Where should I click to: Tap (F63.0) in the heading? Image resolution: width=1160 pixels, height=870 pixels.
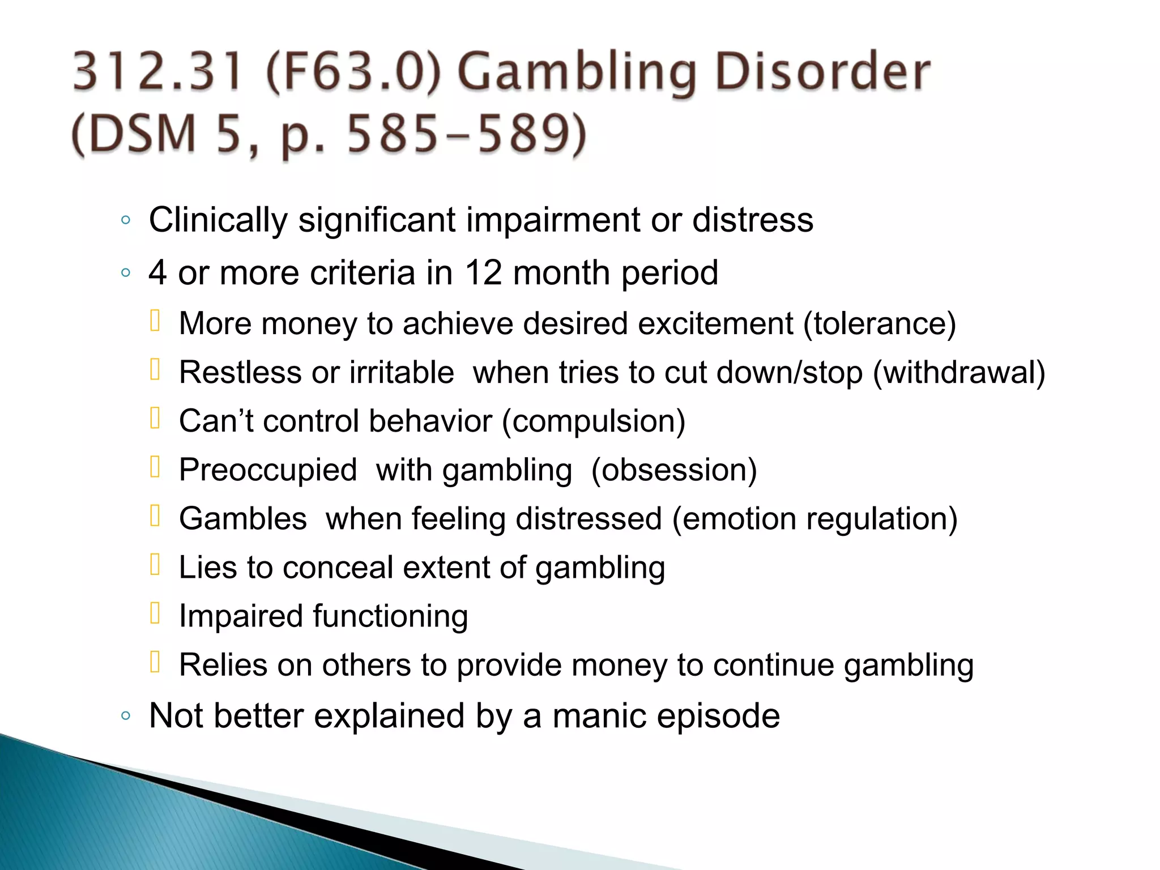click(x=353, y=72)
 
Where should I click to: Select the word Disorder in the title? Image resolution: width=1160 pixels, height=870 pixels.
click(x=822, y=72)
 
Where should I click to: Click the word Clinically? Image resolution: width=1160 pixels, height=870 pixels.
click(x=218, y=220)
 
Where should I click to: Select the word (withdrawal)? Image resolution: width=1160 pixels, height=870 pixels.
click(x=959, y=373)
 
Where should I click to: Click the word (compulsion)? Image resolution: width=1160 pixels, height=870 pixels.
click(x=594, y=421)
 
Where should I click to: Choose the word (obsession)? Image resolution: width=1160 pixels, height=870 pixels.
click(x=674, y=470)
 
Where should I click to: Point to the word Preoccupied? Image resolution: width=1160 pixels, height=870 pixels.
click(x=268, y=470)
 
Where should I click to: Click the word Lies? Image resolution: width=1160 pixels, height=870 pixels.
click(x=207, y=568)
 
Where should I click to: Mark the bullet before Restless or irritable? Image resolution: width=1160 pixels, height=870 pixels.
click(x=155, y=370)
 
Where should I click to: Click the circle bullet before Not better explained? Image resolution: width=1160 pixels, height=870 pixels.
click(x=126, y=716)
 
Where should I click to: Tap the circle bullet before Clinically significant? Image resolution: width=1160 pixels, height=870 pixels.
click(x=126, y=220)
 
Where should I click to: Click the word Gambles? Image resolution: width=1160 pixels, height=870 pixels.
click(x=243, y=519)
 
